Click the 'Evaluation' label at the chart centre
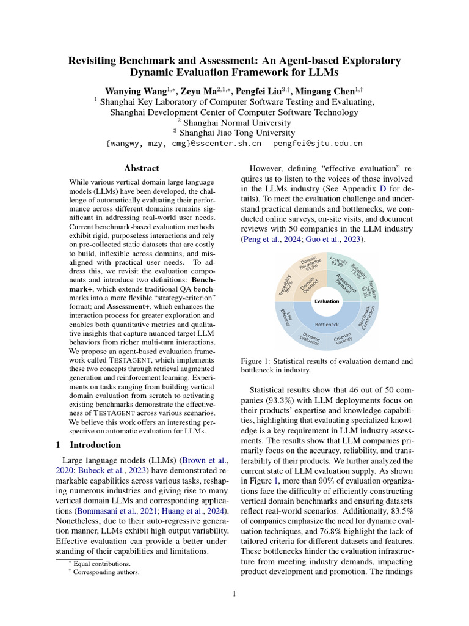pyautogui.click(x=327, y=301)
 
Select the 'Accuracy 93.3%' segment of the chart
pyautogui.click(x=338, y=262)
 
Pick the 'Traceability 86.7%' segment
pyautogui.click(x=286, y=284)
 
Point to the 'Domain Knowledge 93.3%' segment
pyautogui.click(x=310, y=263)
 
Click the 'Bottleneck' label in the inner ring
pyautogui.click(x=327, y=324)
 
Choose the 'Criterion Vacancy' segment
pyautogui.click(x=343, y=338)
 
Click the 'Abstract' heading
pyautogui.click(x=142, y=168)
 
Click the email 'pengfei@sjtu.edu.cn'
pyautogui.click(x=318, y=144)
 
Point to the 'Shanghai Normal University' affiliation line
pyautogui.click(x=234, y=122)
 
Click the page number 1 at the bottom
pyautogui.click(x=234, y=594)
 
